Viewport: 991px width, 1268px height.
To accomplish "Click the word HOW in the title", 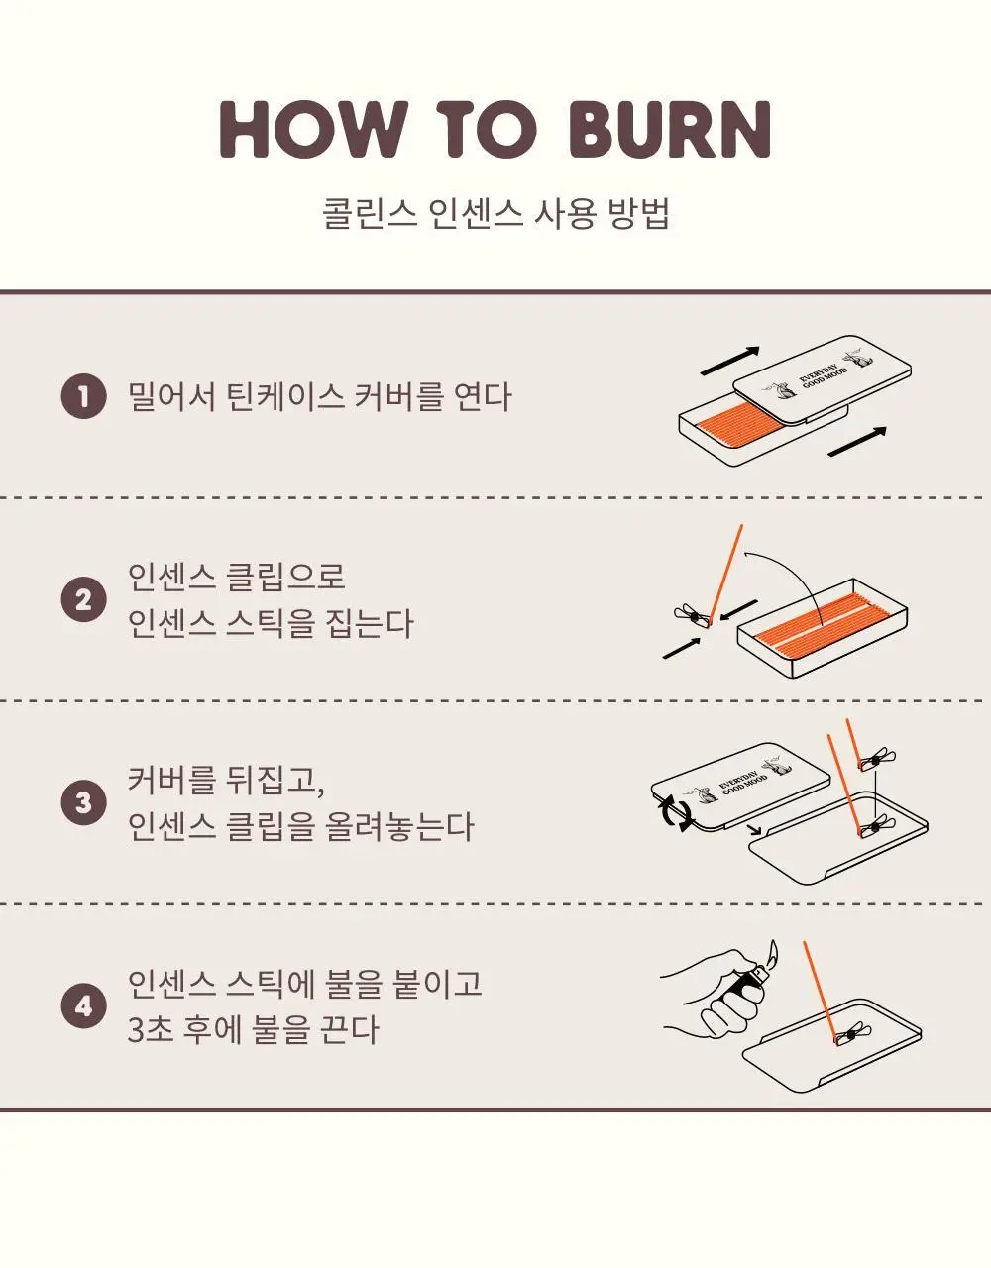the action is tap(311, 129).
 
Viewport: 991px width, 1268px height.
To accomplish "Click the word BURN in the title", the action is tap(670, 129).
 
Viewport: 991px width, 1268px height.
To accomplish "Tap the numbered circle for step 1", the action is tap(83, 397).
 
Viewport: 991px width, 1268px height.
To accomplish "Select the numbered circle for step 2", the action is tap(83, 600).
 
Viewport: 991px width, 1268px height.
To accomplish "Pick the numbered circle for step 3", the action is tap(83, 803).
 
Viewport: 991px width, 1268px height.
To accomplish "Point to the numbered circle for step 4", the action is tap(83, 1006).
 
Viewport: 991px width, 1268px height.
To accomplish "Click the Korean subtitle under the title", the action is tap(495, 214).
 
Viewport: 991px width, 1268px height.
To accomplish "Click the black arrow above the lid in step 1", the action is tap(729, 361).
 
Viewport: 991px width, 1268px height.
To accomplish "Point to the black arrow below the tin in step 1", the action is tap(857, 442).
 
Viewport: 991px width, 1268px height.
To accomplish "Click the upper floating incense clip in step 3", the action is tap(877, 760).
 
